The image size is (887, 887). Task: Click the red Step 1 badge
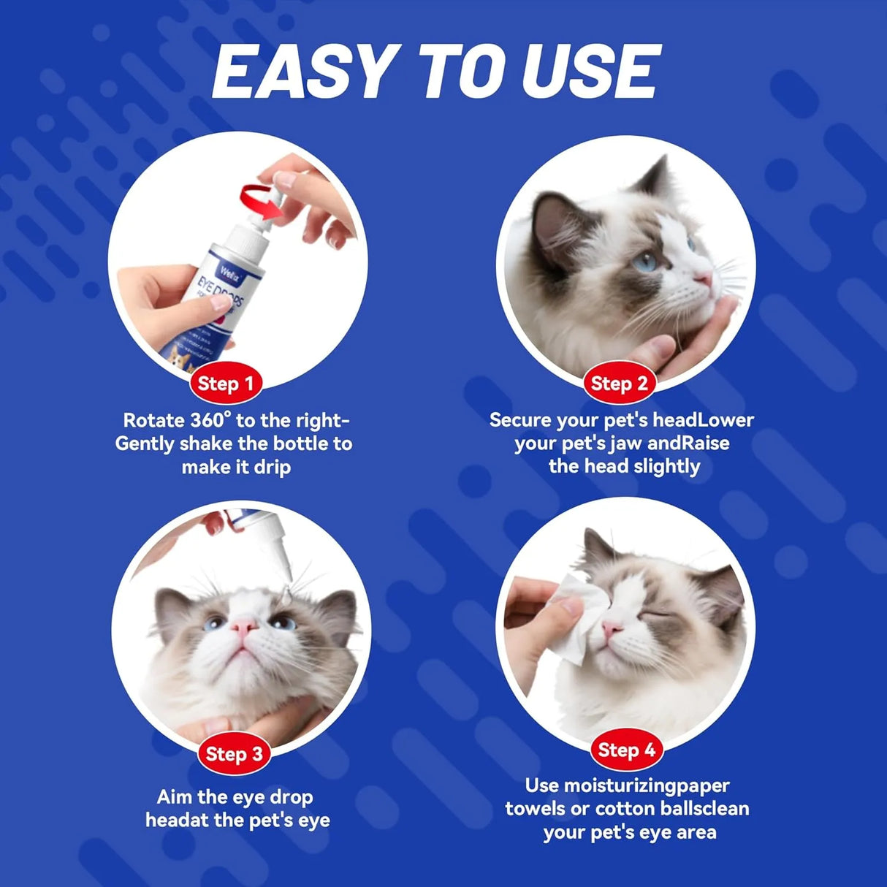(x=226, y=384)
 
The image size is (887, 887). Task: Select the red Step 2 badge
(x=619, y=384)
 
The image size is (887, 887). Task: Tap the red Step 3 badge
(x=234, y=754)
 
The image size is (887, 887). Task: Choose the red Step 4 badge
(x=626, y=750)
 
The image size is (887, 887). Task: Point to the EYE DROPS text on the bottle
(x=221, y=294)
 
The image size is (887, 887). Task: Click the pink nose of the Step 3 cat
(x=243, y=626)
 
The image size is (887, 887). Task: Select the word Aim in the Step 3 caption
(x=174, y=796)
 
